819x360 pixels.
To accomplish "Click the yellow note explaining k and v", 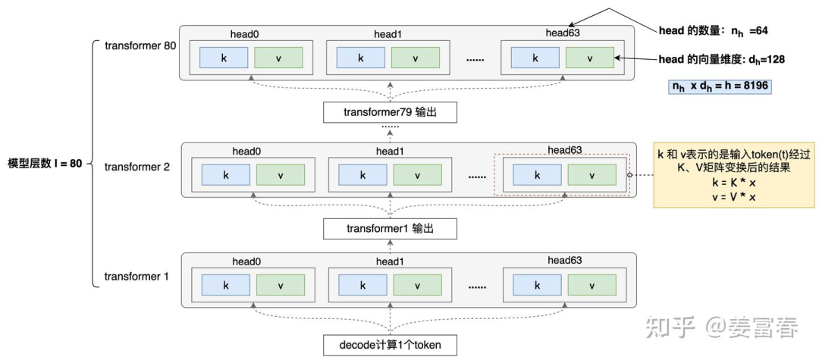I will click(x=733, y=175).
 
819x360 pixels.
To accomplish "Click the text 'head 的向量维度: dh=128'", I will click(x=721, y=58).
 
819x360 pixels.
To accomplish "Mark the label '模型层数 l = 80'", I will click(x=45, y=164).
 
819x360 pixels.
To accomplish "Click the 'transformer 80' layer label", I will click(x=140, y=45).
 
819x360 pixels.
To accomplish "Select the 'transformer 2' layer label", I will click(x=137, y=165).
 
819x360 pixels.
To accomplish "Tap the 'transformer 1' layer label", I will click(x=137, y=276).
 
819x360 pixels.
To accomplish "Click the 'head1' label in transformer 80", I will click(x=388, y=33).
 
